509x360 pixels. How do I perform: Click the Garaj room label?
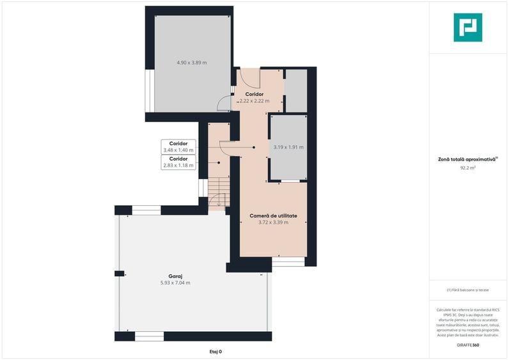[175, 276]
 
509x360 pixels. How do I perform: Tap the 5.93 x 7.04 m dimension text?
[175, 283]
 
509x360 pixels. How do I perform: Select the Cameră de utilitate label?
[273, 215]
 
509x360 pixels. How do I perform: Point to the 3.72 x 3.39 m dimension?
[273, 223]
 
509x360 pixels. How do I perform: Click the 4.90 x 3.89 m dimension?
[192, 63]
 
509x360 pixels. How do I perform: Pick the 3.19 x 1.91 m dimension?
[288, 147]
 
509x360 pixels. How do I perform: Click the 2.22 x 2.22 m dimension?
[254, 101]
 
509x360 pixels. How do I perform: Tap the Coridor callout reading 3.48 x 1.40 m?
[178, 146]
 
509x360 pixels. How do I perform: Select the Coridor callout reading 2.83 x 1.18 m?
[178, 162]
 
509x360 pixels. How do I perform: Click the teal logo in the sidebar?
[468, 27]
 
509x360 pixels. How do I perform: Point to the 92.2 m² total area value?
[468, 168]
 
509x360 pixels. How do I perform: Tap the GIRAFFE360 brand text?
[468, 345]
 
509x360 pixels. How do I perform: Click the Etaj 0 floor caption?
[216, 352]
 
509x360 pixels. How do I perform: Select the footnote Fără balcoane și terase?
[468, 290]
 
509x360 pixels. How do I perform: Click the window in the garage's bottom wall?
[150, 336]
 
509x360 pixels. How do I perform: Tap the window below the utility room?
[288, 262]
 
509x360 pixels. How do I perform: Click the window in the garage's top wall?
[146, 210]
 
